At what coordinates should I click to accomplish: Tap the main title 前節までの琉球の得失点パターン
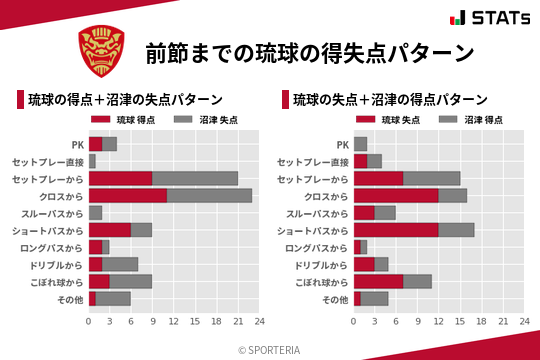point(309,52)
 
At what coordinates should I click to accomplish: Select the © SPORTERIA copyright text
point(270,349)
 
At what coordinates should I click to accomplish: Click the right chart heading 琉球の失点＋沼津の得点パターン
point(390,100)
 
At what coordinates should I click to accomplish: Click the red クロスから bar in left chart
point(128,196)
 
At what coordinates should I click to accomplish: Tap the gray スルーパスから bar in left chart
point(96,213)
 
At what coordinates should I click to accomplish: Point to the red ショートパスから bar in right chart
point(396,230)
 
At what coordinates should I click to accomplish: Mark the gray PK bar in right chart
point(361,144)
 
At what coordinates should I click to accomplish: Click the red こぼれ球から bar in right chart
point(378,282)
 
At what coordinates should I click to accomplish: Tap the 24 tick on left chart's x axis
point(259,322)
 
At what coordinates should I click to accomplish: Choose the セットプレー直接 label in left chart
point(48,161)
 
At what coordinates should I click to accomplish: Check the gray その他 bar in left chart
point(113,299)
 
